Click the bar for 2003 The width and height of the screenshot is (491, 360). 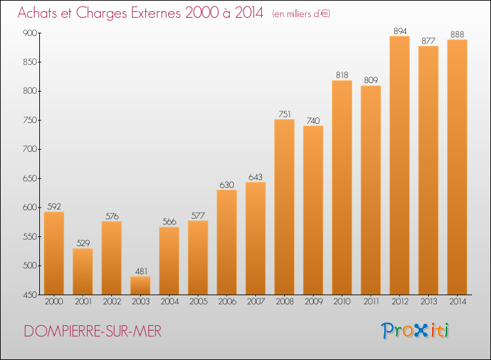pyautogui.click(x=140, y=285)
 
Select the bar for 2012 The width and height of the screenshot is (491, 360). pyautogui.click(x=399, y=166)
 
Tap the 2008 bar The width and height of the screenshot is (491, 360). pyautogui.click(x=284, y=207)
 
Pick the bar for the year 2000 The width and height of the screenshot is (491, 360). pyautogui.click(x=54, y=253)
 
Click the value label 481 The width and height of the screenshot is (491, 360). pyautogui.click(x=141, y=271)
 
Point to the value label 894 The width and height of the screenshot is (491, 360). pyautogui.click(x=400, y=31)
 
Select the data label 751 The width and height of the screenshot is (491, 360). pyautogui.click(x=285, y=115)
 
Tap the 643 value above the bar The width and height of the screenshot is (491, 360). pyautogui.click(x=255, y=177)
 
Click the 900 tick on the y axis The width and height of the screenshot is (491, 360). pyautogui.click(x=29, y=33)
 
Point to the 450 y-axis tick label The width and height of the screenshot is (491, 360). pyautogui.click(x=29, y=295)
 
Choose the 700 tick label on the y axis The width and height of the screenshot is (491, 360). pyautogui.click(x=29, y=149)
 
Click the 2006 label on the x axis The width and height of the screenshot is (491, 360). pyautogui.click(x=227, y=302)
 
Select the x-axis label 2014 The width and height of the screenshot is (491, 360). pyautogui.click(x=458, y=302)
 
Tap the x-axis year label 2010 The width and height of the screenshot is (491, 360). pyautogui.click(x=342, y=302)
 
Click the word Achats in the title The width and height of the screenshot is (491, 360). pyautogui.click(x=37, y=13)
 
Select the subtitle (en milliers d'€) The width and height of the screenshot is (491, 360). pyautogui.click(x=301, y=14)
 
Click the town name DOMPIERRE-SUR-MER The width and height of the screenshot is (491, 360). pyautogui.click(x=93, y=331)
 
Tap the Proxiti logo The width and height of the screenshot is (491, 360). pyautogui.click(x=414, y=331)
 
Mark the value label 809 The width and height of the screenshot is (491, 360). pyautogui.click(x=371, y=80)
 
